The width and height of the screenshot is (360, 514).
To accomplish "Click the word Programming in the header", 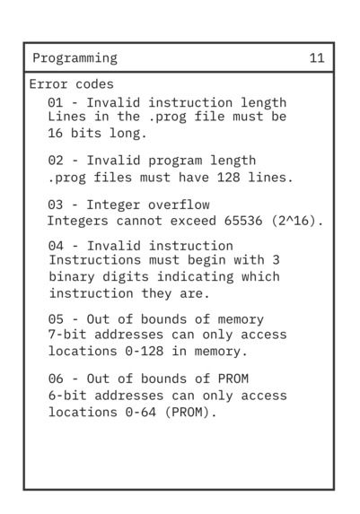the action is pyautogui.click(x=75, y=58).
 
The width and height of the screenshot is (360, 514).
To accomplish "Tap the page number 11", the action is pyautogui.click(x=317, y=58).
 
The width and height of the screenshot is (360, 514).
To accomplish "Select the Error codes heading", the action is pyautogui.click(x=71, y=84).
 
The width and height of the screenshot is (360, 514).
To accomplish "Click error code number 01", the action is pyautogui.click(x=56, y=103).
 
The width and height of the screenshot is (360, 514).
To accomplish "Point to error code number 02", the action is pyautogui.click(x=56, y=161).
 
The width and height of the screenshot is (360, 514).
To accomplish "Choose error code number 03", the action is pyautogui.click(x=56, y=205).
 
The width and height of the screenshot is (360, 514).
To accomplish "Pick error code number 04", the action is pyautogui.click(x=56, y=246).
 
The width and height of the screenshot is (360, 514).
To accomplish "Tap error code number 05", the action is pyautogui.click(x=56, y=319).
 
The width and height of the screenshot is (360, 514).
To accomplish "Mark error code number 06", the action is pyautogui.click(x=56, y=379).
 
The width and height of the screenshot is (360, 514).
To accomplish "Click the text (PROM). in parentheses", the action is pyautogui.click(x=191, y=412).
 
